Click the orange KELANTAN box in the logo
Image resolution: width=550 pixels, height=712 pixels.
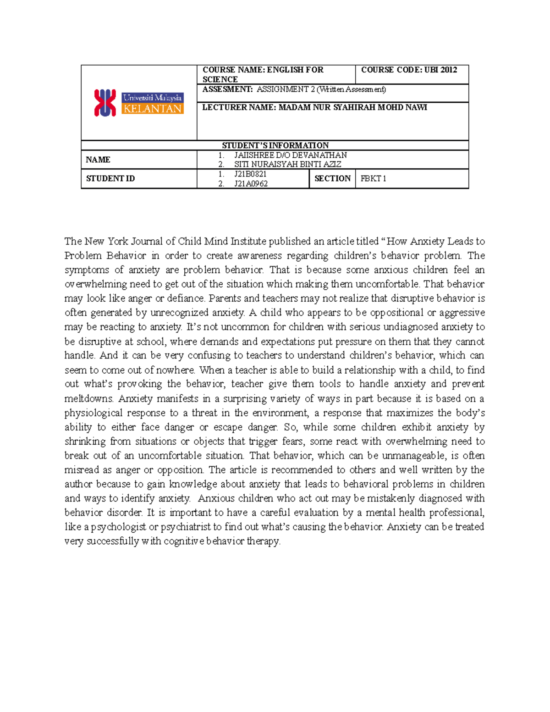point(153,109)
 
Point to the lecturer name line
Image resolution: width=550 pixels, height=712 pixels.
point(314,107)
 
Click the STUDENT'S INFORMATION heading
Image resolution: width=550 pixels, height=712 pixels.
point(275,145)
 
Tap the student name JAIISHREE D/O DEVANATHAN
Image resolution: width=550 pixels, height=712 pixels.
point(290,155)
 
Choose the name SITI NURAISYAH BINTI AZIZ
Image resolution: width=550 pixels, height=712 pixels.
point(287,164)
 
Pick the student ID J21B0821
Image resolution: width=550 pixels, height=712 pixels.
point(250,174)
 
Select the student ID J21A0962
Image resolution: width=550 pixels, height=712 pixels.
point(251,184)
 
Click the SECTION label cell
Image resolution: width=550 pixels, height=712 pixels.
point(332,178)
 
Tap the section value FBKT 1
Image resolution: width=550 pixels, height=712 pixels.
point(373,179)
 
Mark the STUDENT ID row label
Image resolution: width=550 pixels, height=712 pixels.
point(110,179)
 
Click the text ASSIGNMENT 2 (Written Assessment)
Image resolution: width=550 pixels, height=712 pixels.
point(321,89)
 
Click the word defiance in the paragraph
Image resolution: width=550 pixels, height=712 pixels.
point(186,298)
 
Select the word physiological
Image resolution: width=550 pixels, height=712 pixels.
point(93,413)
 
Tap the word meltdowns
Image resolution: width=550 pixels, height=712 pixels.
point(88,398)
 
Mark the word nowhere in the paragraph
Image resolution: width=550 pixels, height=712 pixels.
point(175,370)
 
